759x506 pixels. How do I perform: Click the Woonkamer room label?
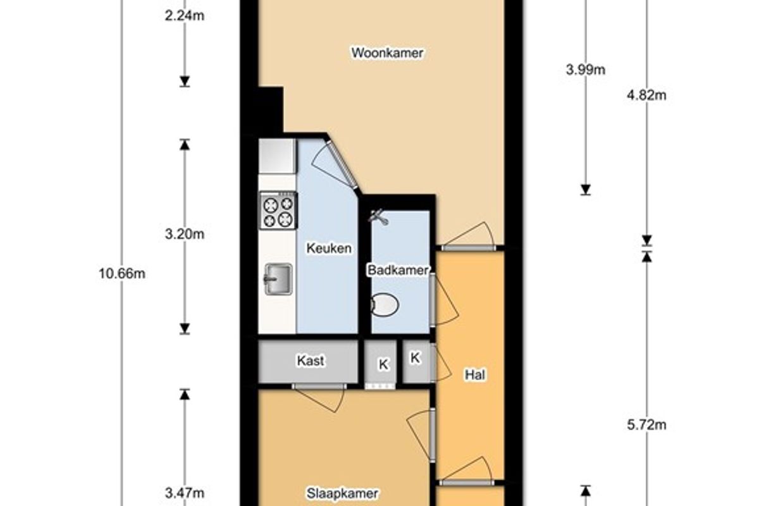(x=387, y=53)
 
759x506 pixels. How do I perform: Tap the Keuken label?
(x=329, y=249)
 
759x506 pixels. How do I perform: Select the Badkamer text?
(x=398, y=270)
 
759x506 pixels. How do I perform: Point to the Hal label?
(x=475, y=375)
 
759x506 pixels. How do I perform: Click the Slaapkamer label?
(x=342, y=493)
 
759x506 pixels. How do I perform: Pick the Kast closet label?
(x=311, y=361)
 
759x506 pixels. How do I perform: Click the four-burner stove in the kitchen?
(x=278, y=211)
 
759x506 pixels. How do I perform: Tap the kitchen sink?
(x=278, y=279)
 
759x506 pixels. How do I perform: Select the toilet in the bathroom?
(x=385, y=304)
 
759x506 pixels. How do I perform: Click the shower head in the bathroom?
(x=378, y=216)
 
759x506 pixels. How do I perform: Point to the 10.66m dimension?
(x=122, y=273)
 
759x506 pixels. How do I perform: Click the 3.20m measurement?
(x=185, y=234)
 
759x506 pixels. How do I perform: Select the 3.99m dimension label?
(x=586, y=70)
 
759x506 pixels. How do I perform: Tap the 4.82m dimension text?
(x=646, y=96)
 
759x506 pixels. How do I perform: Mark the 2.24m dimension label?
(x=185, y=16)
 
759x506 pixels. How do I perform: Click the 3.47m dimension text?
(x=185, y=493)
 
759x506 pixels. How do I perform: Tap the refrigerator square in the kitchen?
(x=277, y=156)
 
